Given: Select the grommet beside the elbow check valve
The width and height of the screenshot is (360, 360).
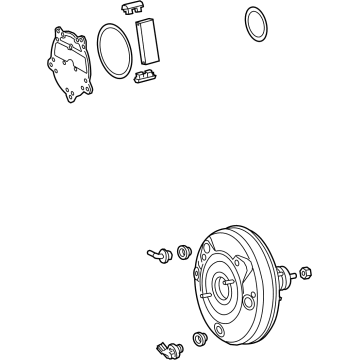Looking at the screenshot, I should (184, 252).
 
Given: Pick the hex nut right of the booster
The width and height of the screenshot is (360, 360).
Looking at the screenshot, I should (306, 272).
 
